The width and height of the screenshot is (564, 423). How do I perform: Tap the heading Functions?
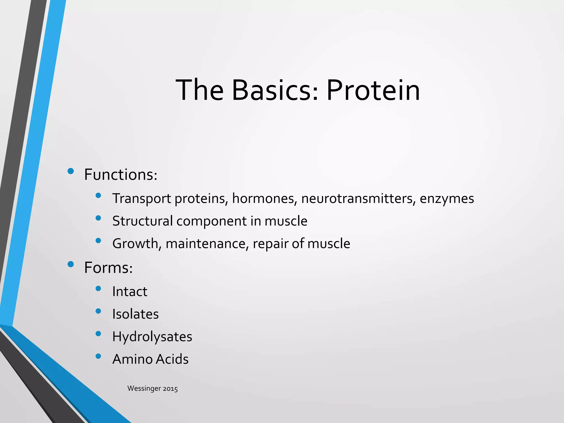(x=121, y=175)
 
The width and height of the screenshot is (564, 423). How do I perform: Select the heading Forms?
(x=109, y=268)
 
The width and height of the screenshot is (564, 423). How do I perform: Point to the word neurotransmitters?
(x=358, y=199)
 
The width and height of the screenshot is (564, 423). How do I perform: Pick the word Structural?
(x=142, y=221)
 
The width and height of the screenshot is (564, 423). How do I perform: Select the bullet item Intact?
(x=130, y=292)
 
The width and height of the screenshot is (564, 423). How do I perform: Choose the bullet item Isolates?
(x=135, y=314)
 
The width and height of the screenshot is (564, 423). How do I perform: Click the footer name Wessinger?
(x=144, y=389)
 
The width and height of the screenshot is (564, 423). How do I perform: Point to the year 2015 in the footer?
(x=170, y=389)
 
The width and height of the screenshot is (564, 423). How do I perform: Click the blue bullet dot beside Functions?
(x=70, y=171)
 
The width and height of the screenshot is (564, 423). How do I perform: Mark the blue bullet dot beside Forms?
(x=70, y=264)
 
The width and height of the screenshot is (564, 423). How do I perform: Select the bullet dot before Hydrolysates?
(x=98, y=334)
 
